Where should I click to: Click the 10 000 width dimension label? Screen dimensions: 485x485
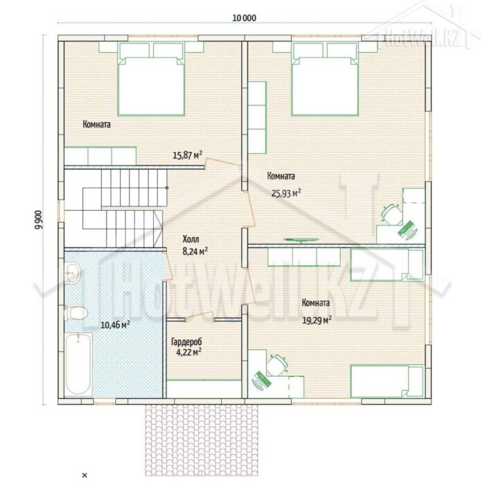point(244,18)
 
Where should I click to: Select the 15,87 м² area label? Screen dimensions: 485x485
point(188,155)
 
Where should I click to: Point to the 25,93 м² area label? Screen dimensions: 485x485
point(286,193)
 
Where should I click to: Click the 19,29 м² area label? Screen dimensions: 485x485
point(317,320)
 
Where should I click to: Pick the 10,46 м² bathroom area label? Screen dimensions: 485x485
point(115,325)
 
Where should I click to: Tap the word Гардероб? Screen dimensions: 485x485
point(186,342)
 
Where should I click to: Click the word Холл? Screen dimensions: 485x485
point(191,239)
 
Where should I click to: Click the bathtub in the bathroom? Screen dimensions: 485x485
point(78,364)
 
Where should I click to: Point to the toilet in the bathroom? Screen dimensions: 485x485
point(76,312)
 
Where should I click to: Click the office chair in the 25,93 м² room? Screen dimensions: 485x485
point(391,214)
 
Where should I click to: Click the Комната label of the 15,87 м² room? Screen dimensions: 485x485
point(96,124)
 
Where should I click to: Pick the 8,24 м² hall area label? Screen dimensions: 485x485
point(195,251)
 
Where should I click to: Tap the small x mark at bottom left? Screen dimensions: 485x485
point(85,475)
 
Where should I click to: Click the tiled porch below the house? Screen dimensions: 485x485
point(202,440)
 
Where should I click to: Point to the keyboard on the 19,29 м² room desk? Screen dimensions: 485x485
point(262,378)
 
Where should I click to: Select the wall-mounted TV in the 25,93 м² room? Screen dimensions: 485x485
point(301,240)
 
